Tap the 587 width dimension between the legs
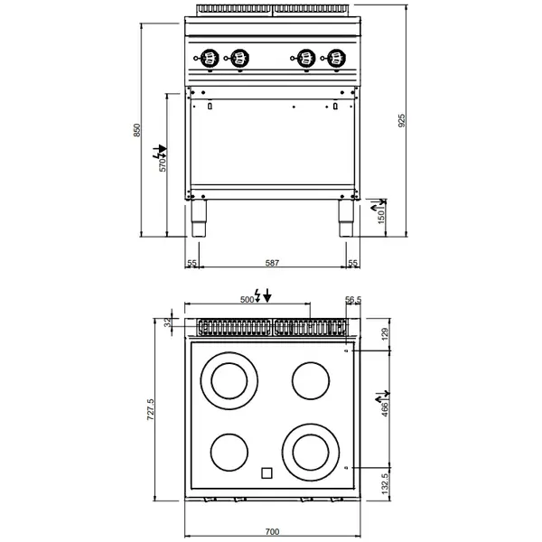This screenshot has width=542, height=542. [x=273, y=263]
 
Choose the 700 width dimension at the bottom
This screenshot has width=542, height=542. [x=273, y=532]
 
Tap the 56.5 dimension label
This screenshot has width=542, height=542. [x=353, y=300]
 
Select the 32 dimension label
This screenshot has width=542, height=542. [x=168, y=322]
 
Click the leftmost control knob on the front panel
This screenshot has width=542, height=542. [x=210, y=59]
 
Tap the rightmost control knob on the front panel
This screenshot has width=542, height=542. [x=337, y=59]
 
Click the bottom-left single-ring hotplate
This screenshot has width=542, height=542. [x=229, y=449]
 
